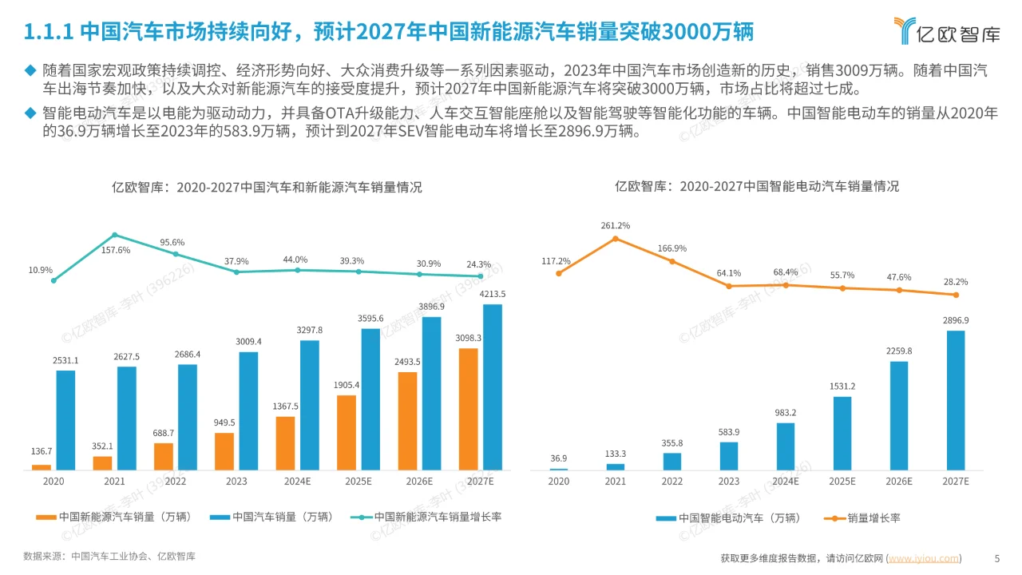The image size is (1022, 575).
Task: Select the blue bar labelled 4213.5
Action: tap(493, 387)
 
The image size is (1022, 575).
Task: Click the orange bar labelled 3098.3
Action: tap(469, 409)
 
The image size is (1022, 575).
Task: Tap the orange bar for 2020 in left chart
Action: tap(42, 466)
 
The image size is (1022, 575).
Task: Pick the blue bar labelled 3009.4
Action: tap(248, 410)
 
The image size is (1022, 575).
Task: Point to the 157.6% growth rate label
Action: tap(117, 250)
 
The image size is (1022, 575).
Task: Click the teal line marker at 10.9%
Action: tap(53, 280)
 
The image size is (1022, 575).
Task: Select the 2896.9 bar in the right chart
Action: tap(955, 399)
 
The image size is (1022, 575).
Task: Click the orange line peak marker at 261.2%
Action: tap(615, 238)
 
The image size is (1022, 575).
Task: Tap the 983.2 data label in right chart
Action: tap(786, 413)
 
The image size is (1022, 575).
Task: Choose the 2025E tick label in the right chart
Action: tap(842, 482)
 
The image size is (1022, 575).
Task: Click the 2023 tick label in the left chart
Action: tap(236, 482)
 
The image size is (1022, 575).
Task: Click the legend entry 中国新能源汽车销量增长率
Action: tap(427, 517)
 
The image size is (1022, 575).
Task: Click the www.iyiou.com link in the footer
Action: tap(924, 558)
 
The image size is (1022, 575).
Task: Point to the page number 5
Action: tap(996, 558)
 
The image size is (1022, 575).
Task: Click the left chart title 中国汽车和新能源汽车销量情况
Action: tap(267, 188)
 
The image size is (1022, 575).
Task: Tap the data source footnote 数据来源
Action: tap(109, 556)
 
